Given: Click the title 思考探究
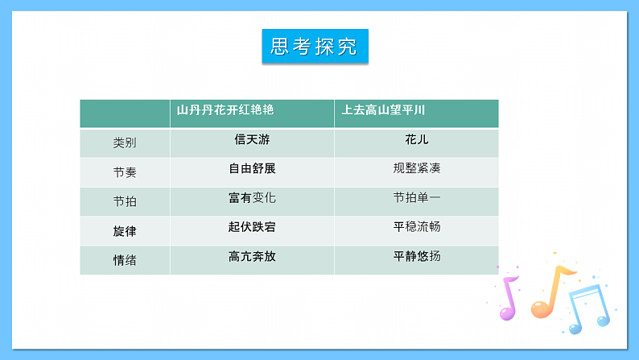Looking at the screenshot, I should tap(315, 47).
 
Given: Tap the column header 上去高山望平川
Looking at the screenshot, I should tap(382, 110).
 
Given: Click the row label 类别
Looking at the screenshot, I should tap(125, 143).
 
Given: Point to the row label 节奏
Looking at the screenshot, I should tap(125, 172).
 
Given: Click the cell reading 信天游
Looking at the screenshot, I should tap(252, 139).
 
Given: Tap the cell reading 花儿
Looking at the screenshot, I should tap(417, 139).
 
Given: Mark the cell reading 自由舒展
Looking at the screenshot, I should tap(252, 168).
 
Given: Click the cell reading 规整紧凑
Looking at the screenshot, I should tap(417, 168).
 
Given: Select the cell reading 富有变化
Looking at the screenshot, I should tap(252, 197).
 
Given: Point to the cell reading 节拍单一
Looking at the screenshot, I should tap(417, 197).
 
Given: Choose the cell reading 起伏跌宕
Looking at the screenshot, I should tap(252, 227).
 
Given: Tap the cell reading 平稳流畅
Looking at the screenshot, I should tap(417, 227).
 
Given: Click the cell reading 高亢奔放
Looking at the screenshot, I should tap(252, 256).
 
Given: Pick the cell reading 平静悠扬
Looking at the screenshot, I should tap(417, 256).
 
